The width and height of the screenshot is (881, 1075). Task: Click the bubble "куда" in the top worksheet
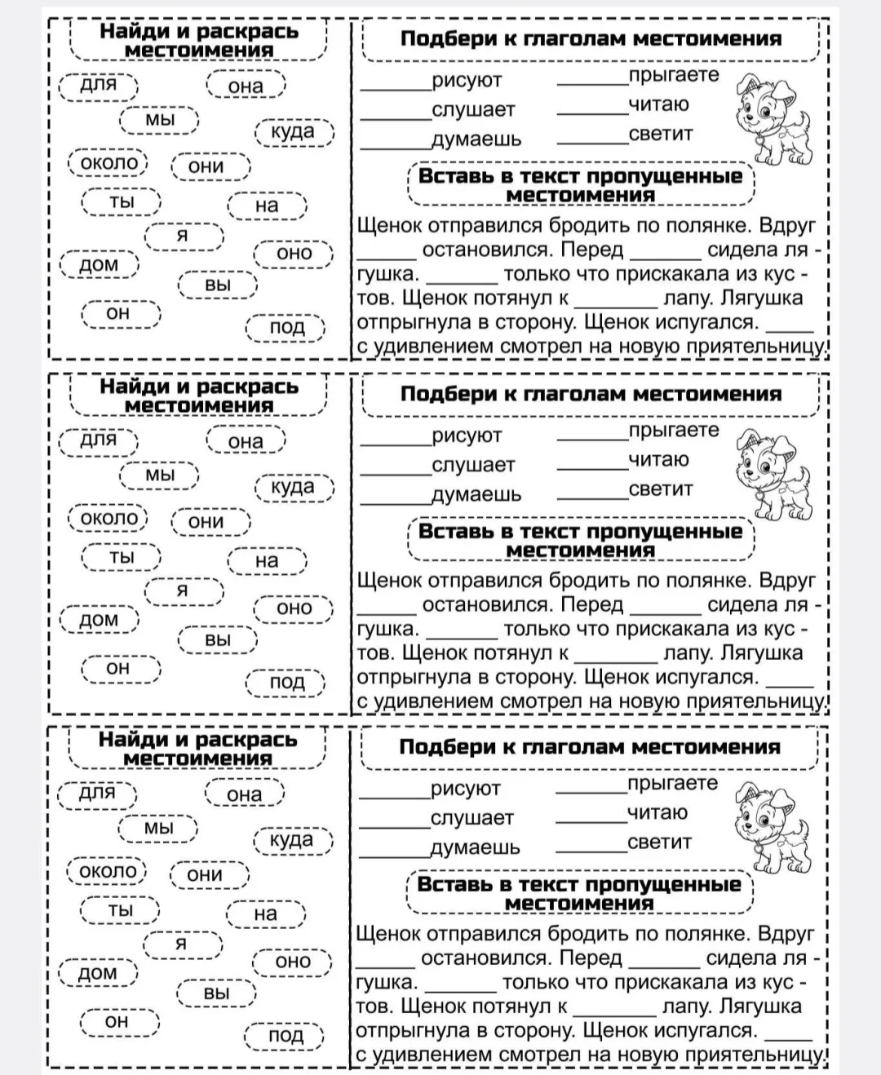tap(294, 132)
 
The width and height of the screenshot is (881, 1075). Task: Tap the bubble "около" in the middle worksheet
tap(108, 519)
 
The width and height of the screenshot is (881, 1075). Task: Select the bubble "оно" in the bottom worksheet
tap(293, 962)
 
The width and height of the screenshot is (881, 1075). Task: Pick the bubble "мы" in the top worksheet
tap(160, 120)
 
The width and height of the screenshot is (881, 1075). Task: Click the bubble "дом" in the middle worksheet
tap(99, 620)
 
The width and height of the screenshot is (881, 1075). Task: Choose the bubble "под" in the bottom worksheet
tap(286, 1036)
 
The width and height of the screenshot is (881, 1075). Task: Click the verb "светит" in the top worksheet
tap(661, 134)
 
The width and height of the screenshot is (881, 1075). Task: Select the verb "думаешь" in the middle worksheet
tap(476, 494)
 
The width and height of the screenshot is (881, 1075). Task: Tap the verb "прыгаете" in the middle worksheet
tap(674, 431)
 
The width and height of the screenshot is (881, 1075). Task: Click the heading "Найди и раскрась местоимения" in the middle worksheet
tap(199, 396)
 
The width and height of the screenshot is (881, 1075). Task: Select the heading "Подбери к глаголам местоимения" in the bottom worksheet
tap(590, 747)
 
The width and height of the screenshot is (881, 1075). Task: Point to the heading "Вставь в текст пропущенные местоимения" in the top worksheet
tap(580, 185)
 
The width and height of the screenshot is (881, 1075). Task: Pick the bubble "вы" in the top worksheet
tap(218, 285)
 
